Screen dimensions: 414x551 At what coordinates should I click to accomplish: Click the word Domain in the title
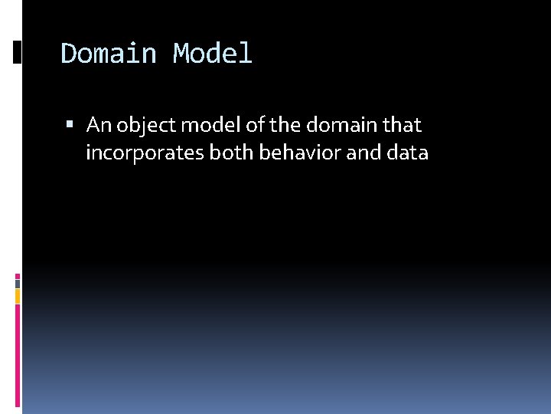108,54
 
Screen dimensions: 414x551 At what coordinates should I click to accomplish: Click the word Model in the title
212,54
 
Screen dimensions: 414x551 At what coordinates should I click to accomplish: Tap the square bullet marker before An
70,124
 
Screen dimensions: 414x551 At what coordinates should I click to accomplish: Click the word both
230,153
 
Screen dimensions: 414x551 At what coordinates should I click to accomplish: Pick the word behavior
300,153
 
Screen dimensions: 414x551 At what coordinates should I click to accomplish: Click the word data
408,153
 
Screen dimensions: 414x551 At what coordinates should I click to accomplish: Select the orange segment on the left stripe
18,296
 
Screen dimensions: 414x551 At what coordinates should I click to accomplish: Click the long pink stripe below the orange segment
18,356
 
